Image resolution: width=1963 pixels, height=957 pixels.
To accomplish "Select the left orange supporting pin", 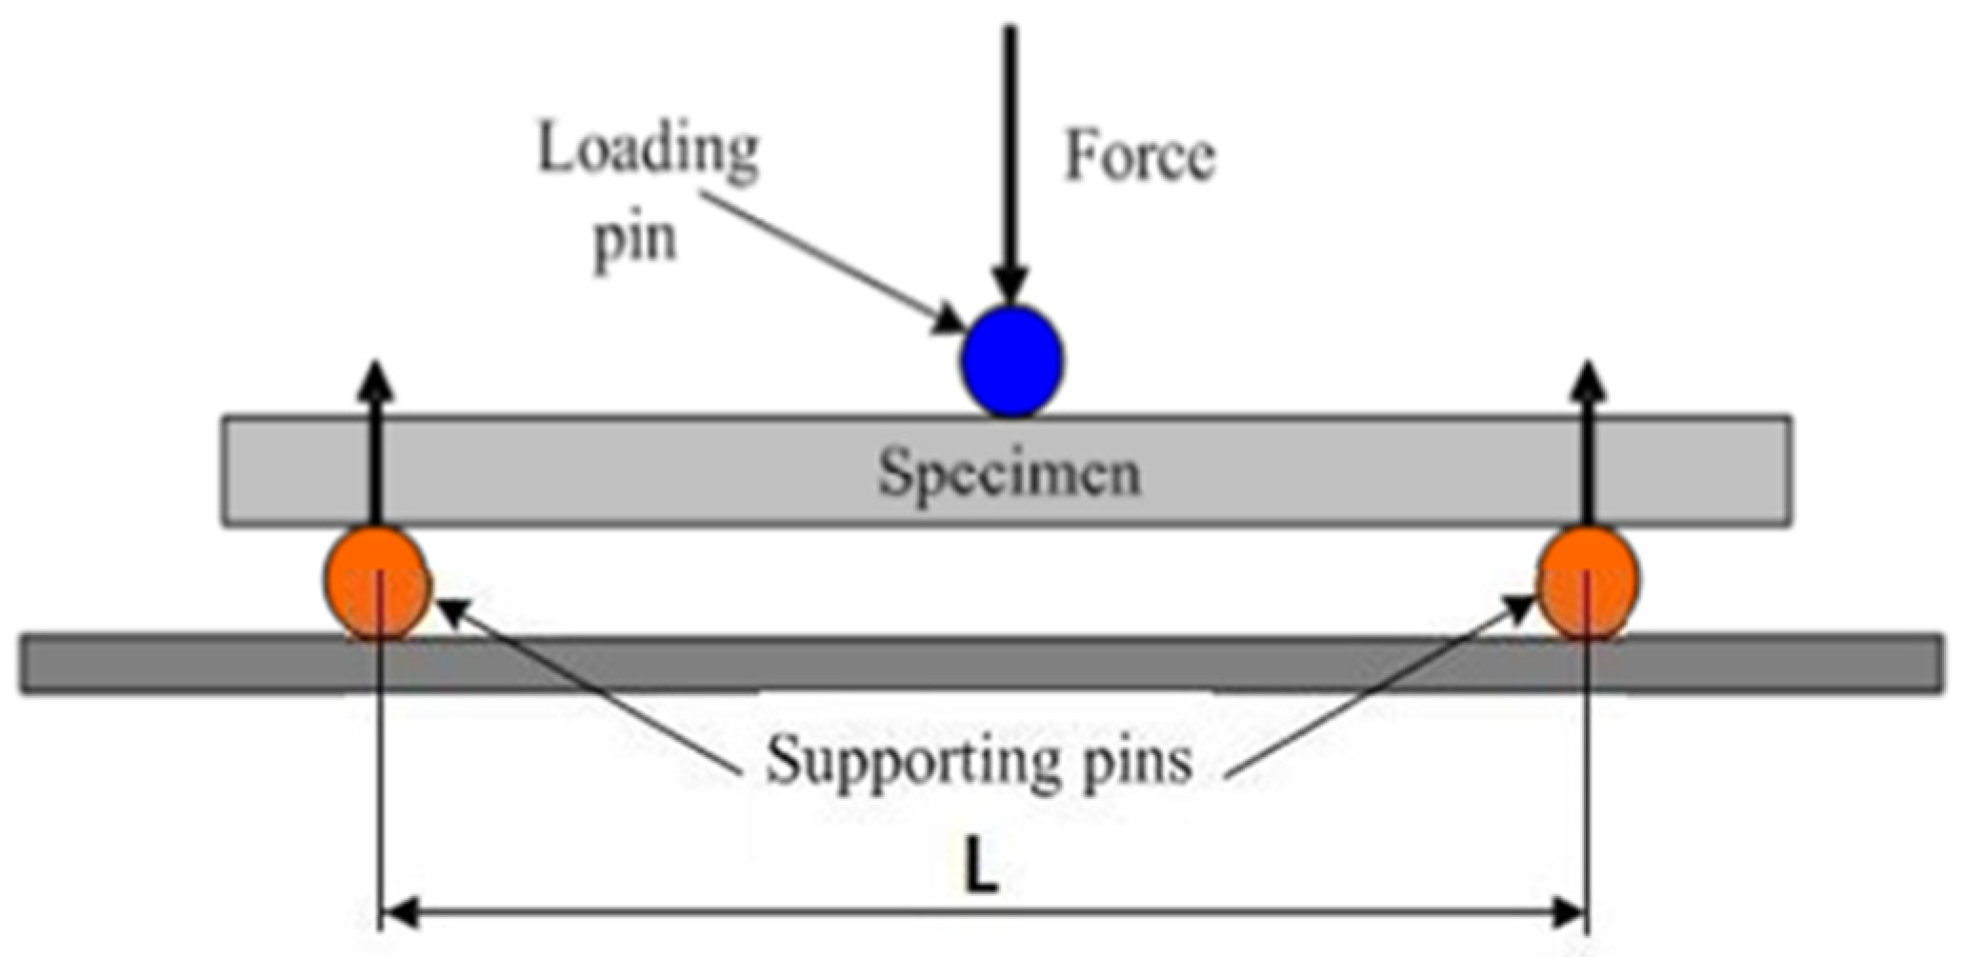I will (x=375, y=582).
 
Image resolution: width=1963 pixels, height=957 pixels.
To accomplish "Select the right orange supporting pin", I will (x=1588, y=582).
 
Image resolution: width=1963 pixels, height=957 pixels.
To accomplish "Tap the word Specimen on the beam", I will (x=1009, y=472).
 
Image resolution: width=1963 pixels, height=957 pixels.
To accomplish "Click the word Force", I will (x=1139, y=156).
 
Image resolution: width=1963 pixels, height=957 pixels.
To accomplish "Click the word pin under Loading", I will (x=635, y=238).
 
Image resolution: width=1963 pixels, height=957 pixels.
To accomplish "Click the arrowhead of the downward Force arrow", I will (x=1011, y=286).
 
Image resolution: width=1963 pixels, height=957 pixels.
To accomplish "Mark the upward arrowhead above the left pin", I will (x=377, y=380).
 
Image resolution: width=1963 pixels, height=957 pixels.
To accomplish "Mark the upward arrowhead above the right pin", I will (x=1587, y=380).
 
